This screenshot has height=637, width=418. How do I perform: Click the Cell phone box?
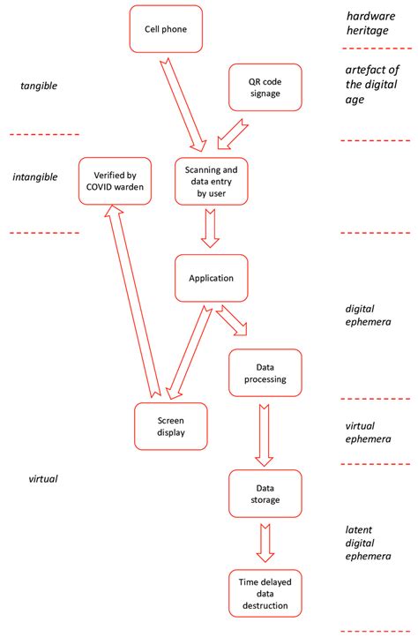pyautogui.click(x=166, y=28)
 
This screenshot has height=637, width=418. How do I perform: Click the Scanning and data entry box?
pyautogui.click(x=211, y=181)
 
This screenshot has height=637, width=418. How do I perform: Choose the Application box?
pyautogui.click(x=211, y=278)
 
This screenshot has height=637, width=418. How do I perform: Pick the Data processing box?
pyautogui.click(x=265, y=372)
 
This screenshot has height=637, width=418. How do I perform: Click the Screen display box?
pyautogui.click(x=171, y=426)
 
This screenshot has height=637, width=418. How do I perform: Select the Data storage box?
pyautogui.click(x=265, y=493)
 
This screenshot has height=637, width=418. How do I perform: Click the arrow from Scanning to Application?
pyautogui.click(x=211, y=229)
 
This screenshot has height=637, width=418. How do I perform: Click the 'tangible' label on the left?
pyautogui.click(x=38, y=86)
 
